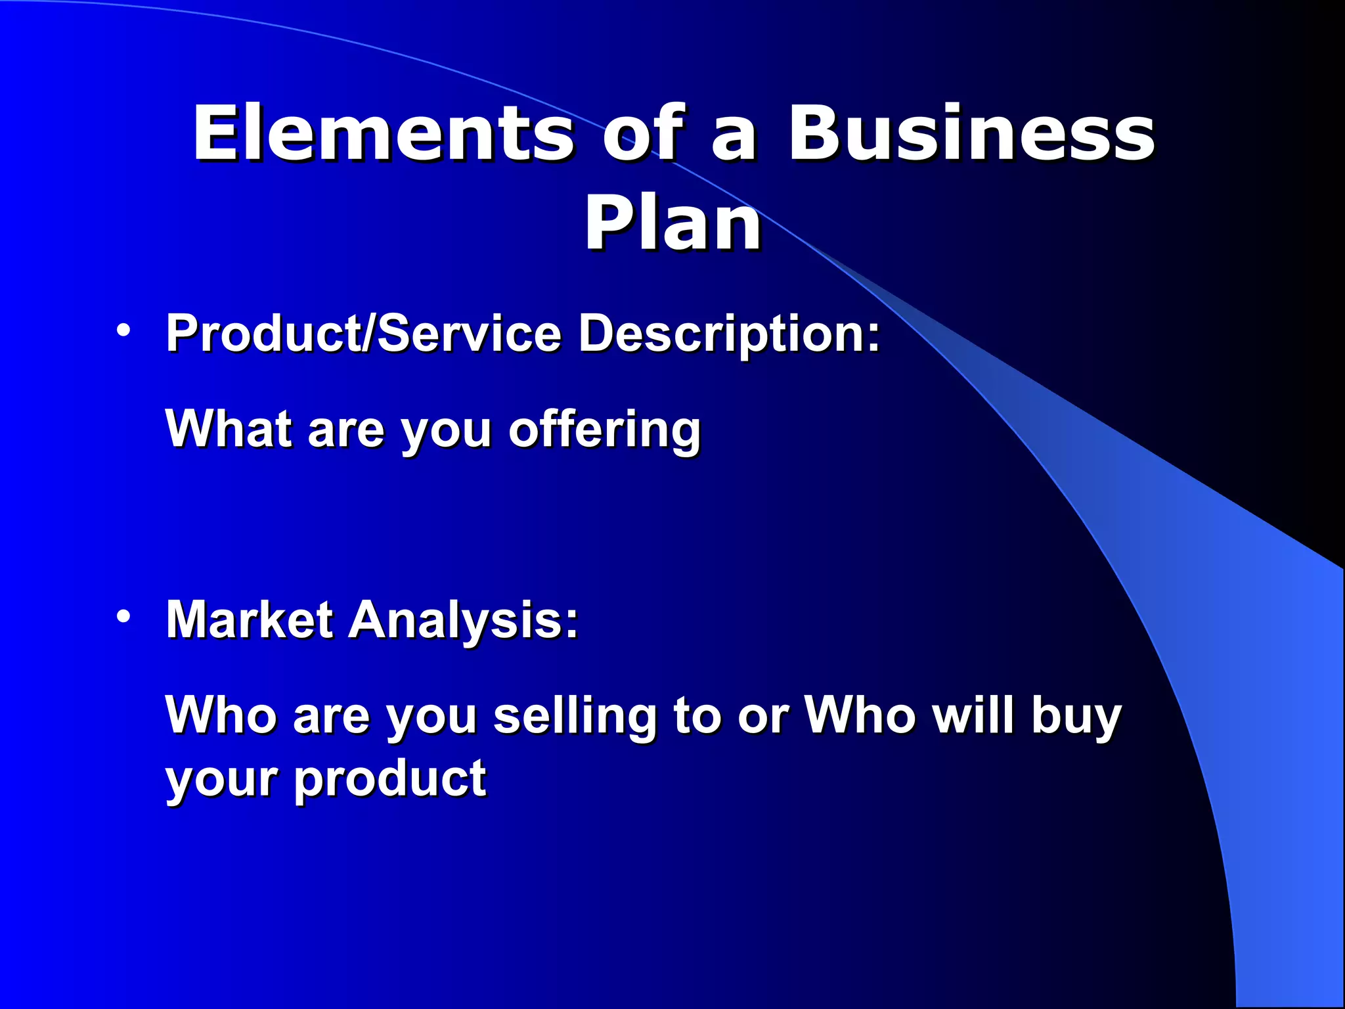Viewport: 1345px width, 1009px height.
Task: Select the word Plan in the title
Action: click(672, 224)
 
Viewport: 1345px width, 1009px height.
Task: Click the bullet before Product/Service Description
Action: click(123, 329)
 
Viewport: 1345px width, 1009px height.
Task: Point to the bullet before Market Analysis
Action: click(123, 616)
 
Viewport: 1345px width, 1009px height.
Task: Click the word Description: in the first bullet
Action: click(729, 333)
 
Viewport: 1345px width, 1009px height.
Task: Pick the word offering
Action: click(604, 430)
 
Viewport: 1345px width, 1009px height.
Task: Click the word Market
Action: click(250, 619)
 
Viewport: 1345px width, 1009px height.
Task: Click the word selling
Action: click(575, 716)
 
